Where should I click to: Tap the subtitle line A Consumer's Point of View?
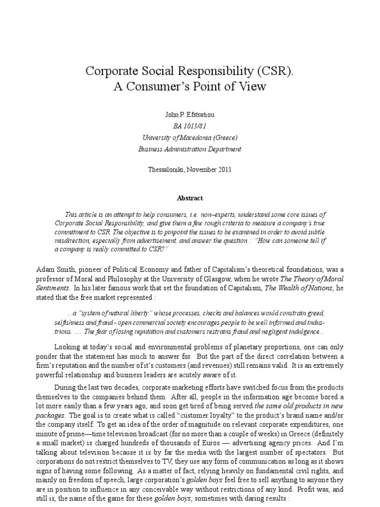[190, 87]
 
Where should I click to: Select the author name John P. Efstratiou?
[190, 115]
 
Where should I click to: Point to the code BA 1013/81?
[190, 126]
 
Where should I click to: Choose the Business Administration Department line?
[190, 149]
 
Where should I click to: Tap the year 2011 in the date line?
[223, 169]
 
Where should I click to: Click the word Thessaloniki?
[166, 169]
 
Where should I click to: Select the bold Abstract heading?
[190, 198]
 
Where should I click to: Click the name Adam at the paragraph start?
[45, 269]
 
